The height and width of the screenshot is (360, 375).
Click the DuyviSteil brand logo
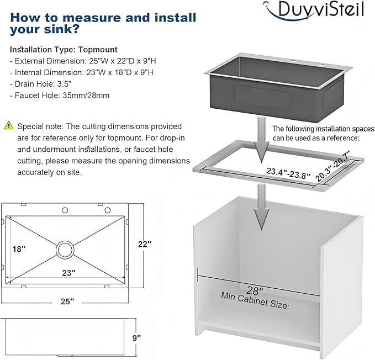[313, 10]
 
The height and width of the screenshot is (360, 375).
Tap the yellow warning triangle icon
[9, 125]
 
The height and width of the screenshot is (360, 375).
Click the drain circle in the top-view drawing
[65, 250]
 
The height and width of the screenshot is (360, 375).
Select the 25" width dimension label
[67, 301]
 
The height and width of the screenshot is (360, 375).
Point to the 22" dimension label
[145, 244]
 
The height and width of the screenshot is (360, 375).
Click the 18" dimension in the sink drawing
[19, 249]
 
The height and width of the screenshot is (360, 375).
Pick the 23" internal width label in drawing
[69, 273]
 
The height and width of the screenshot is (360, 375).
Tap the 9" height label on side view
[136, 338]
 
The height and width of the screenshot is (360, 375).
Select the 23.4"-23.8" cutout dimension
[288, 173]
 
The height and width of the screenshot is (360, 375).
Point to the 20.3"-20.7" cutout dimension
[332, 166]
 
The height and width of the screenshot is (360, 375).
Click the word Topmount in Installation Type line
[98, 50]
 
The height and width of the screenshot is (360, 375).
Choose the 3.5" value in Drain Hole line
[64, 84]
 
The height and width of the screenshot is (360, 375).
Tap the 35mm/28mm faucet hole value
[86, 96]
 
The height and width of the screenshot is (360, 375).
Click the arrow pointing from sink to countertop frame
[262, 140]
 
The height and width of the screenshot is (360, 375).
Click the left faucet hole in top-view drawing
[65, 210]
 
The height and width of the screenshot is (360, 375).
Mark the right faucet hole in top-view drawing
[108, 210]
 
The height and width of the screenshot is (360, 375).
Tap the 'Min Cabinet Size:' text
[255, 300]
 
